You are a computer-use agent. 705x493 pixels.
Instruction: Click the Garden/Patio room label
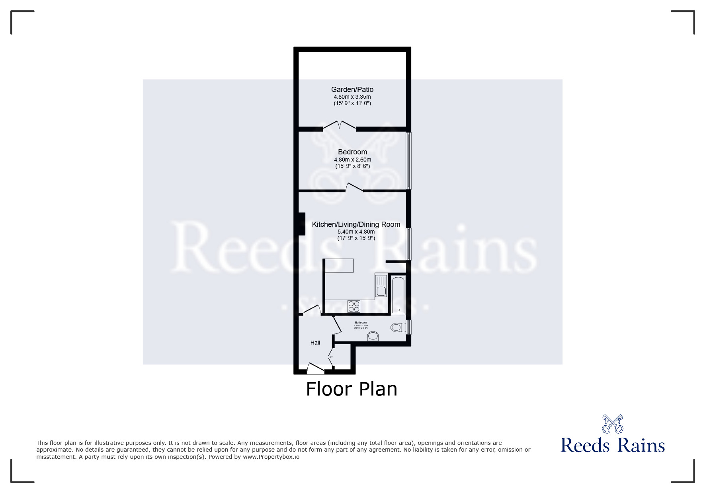(x=352, y=90)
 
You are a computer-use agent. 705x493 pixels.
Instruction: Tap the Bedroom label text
(x=352, y=152)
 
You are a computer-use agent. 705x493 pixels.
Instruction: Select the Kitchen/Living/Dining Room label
(x=356, y=224)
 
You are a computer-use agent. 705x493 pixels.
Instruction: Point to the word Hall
(x=315, y=343)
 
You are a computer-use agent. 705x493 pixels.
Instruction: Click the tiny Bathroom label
(x=361, y=323)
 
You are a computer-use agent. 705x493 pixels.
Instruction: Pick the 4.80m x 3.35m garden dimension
(x=352, y=97)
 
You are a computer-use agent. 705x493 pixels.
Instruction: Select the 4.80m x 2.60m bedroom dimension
(x=352, y=160)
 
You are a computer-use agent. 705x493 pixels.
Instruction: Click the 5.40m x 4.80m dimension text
(x=356, y=232)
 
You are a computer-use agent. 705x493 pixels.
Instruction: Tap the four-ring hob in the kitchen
(x=354, y=306)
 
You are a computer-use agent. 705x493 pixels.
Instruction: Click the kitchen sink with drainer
(x=381, y=285)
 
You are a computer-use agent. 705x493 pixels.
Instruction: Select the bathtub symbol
(x=398, y=295)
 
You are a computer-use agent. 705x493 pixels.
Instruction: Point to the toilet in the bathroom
(x=397, y=327)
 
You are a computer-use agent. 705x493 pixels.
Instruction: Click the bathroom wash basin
(x=373, y=336)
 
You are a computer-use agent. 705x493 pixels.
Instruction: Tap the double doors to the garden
(x=339, y=125)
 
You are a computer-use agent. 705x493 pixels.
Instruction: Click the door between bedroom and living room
(x=354, y=187)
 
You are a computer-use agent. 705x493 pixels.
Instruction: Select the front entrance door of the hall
(x=315, y=369)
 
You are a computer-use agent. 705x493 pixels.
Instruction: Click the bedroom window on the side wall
(x=408, y=160)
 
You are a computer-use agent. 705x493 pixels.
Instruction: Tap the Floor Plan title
(x=352, y=389)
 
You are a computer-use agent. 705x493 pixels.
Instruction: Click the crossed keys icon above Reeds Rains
(x=612, y=424)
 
